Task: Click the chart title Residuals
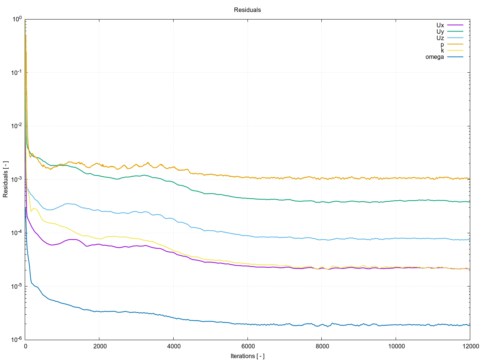(x=247, y=10)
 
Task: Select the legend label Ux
(x=440, y=25)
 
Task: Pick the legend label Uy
(x=440, y=32)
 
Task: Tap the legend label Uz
(x=440, y=38)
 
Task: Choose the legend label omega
(x=435, y=57)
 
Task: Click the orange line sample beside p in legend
(x=455, y=44)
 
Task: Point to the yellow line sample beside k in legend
(x=455, y=51)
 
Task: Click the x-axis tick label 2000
(x=99, y=346)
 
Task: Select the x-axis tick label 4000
(x=173, y=346)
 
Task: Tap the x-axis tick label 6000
(x=247, y=346)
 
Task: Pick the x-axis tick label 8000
(x=321, y=346)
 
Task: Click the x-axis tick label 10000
(x=396, y=346)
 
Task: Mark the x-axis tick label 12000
(x=469, y=346)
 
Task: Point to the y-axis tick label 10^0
(x=17, y=19)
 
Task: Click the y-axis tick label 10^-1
(x=17, y=72)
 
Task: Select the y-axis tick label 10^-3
(x=17, y=179)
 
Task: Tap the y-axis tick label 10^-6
(x=17, y=339)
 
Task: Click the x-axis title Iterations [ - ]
(x=247, y=356)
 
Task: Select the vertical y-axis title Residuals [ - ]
(x=6, y=179)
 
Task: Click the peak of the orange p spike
(x=26, y=35)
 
